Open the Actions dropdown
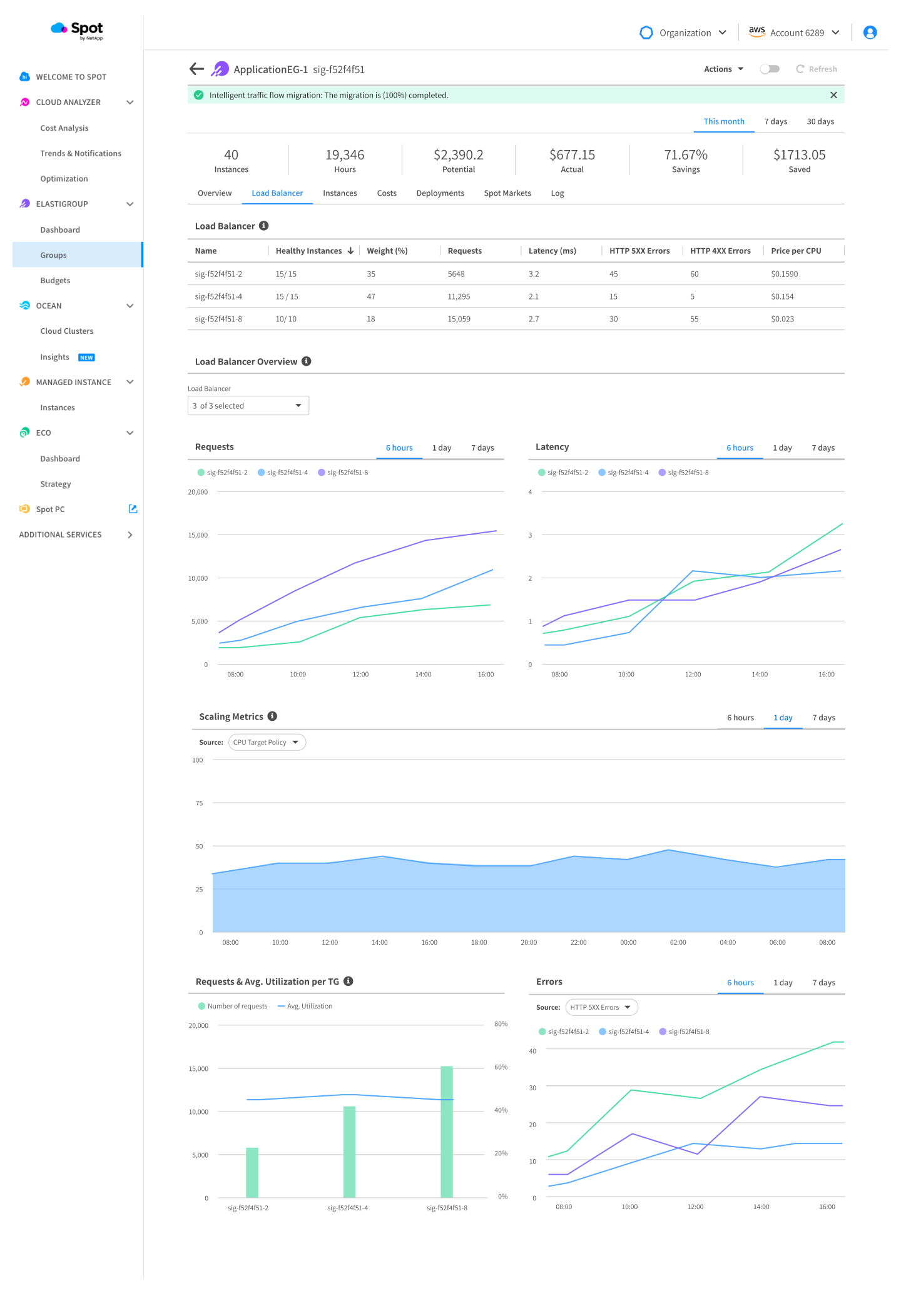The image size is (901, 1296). (x=723, y=69)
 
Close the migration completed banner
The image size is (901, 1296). (x=833, y=95)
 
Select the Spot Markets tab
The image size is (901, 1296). (x=507, y=193)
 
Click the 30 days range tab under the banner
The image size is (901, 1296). (x=820, y=121)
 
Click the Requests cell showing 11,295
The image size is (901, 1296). (x=459, y=296)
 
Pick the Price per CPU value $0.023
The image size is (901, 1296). (x=782, y=319)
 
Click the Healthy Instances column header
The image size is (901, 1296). (x=309, y=251)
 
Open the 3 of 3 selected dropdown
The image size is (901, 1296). (x=248, y=406)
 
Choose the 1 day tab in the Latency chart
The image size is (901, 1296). (x=781, y=448)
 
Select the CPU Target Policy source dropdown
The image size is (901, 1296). (x=267, y=742)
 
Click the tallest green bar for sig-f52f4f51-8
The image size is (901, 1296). (x=446, y=1132)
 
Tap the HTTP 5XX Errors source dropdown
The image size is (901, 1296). (x=601, y=1007)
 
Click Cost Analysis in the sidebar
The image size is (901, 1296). (x=64, y=128)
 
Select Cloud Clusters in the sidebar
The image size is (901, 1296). (x=66, y=331)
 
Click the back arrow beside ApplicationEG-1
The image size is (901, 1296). (x=196, y=69)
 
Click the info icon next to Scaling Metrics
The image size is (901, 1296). (x=272, y=716)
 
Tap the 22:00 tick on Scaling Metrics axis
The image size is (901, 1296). (x=578, y=942)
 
